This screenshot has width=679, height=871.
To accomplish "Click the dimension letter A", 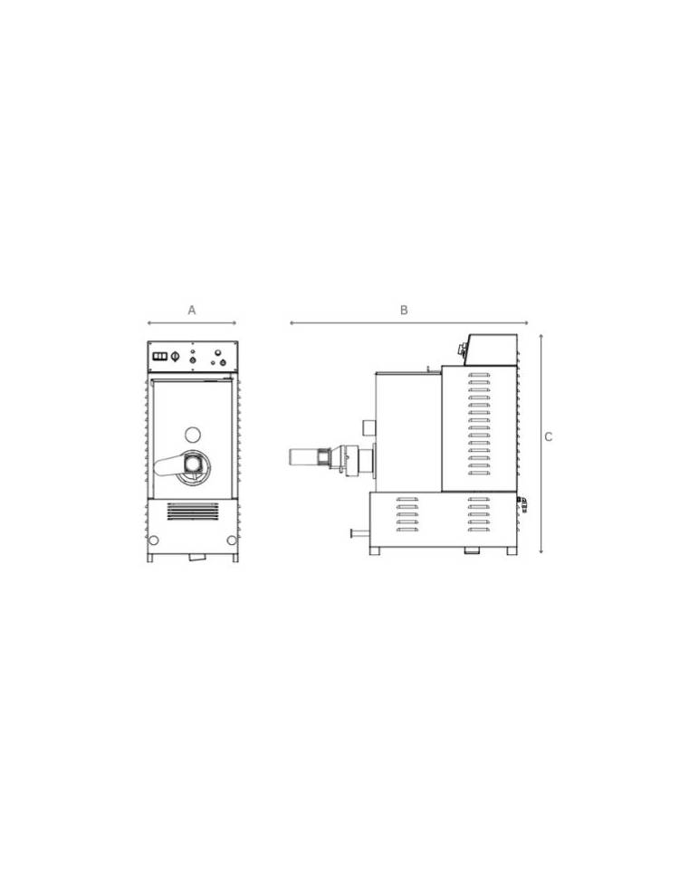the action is point(192,310).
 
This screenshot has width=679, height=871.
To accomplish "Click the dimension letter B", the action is point(404,310).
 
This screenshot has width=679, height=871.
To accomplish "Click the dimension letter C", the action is point(548,437).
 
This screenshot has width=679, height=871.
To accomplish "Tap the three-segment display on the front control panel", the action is point(160,356).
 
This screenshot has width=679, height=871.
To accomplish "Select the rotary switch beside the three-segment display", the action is point(175,356).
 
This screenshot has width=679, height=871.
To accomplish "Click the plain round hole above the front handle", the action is point(193,434).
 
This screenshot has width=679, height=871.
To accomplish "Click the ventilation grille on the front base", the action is point(192,512).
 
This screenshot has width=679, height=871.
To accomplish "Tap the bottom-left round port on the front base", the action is point(154,541).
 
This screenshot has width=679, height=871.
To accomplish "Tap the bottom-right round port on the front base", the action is point(232,541).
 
